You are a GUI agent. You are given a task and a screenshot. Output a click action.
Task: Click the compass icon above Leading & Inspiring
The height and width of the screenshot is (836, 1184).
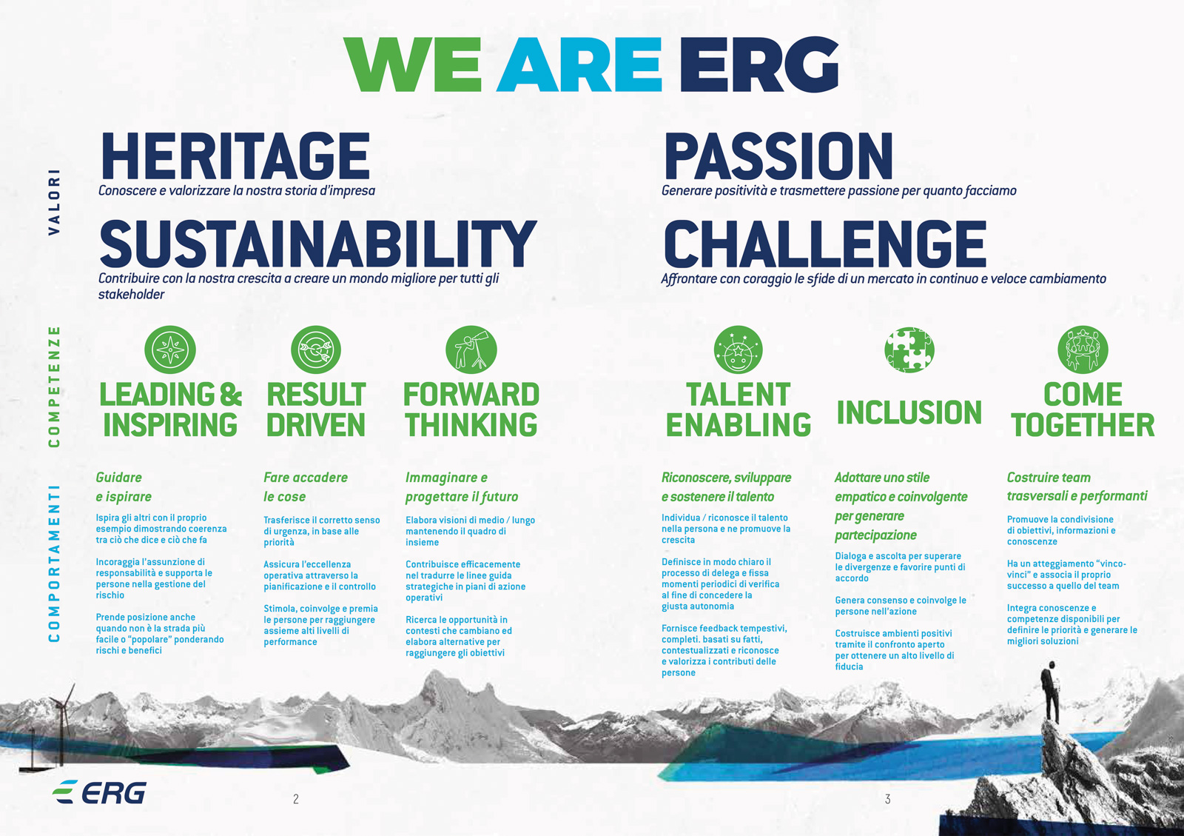pyautogui.click(x=170, y=350)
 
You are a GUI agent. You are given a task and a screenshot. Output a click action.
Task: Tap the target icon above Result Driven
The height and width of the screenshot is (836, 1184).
pyautogui.click(x=316, y=350)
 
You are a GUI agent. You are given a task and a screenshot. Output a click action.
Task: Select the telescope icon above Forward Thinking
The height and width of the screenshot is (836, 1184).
pyautogui.click(x=471, y=350)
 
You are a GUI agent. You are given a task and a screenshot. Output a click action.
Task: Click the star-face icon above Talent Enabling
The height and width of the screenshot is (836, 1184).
pyautogui.click(x=739, y=350)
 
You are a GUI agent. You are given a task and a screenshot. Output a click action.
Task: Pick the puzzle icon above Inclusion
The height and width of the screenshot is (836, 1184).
pyautogui.click(x=909, y=350)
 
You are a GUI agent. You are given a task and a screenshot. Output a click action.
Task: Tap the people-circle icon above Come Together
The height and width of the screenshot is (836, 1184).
pyautogui.click(x=1083, y=350)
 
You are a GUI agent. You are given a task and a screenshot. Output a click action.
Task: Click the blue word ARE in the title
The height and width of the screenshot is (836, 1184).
pyautogui.click(x=579, y=65)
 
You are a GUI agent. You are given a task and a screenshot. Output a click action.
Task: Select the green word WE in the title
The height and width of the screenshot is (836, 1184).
pyautogui.click(x=413, y=65)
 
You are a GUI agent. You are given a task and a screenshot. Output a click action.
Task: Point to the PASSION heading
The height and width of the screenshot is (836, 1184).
pyautogui.click(x=778, y=156)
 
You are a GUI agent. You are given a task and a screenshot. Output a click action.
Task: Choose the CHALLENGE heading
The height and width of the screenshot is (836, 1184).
pyautogui.click(x=825, y=244)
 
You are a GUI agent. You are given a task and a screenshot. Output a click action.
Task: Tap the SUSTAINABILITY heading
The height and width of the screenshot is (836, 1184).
pyautogui.click(x=318, y=244)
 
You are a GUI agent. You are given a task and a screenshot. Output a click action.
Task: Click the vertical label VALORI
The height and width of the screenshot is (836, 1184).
pyautogui.click(x=55, y=202)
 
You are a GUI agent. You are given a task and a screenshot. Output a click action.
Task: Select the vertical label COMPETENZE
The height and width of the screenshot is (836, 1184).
pyautogui.click(x=55, y=387)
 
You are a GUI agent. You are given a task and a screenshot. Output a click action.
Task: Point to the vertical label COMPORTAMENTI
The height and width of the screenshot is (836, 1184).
pyautogui.click(x=55, y=564)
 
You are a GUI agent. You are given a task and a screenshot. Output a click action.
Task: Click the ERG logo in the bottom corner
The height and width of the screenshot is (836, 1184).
pyautogui.click(x=99, y=792)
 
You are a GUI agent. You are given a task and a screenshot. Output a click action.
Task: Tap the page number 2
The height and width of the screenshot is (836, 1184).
pyautogui.click(x=296, y=799)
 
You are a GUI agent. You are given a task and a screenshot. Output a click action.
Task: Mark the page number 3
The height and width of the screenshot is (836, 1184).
pyautogui.click(x=888, y=799)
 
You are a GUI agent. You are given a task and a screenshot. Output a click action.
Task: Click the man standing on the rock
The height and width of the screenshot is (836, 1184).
pyautogui.click(x=1050, y=692)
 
